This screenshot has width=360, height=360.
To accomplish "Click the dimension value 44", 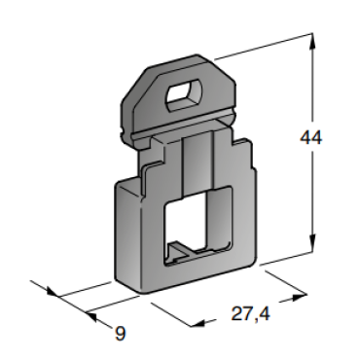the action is (310, 137).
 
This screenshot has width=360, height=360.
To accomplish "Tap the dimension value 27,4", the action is (250, 314).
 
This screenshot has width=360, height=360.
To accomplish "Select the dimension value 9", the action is (121, 333).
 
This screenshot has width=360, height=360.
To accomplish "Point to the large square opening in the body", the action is (198, 226).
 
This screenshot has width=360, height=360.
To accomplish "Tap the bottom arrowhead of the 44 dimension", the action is (311, 242).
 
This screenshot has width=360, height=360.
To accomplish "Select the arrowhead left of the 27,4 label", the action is (198, 323).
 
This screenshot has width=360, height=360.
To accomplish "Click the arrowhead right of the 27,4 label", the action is (299, 297).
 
